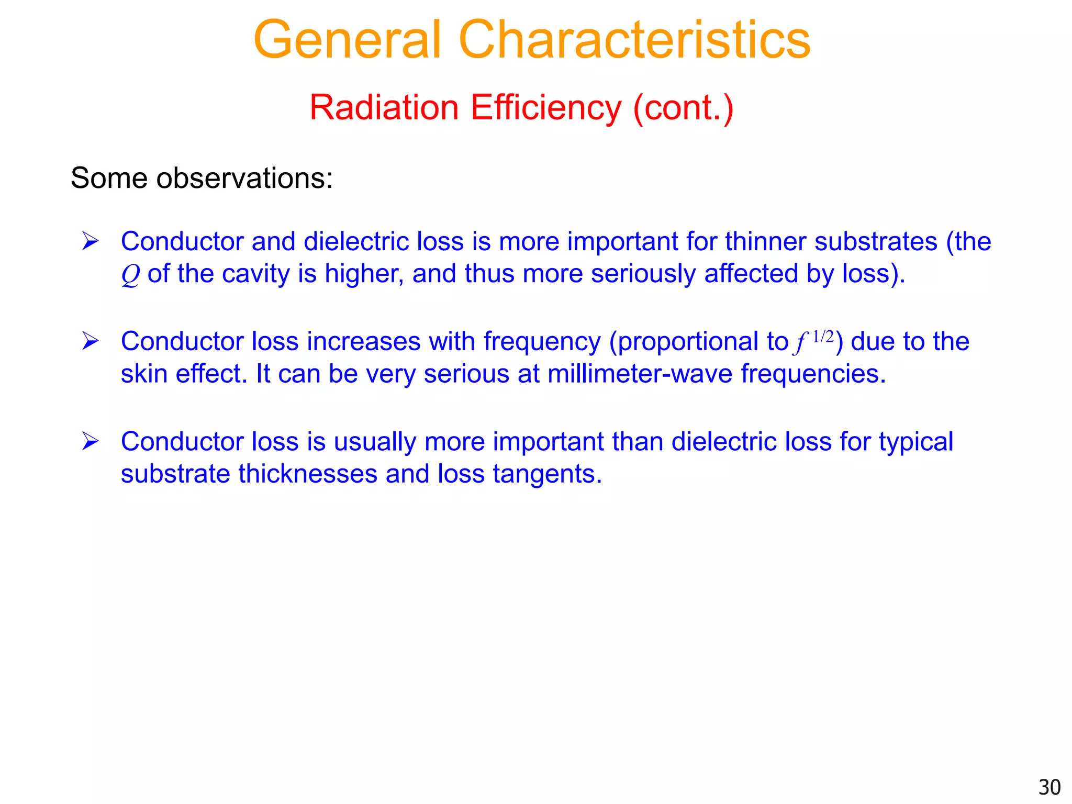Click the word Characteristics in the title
pyautogui.click(x=634, y=40)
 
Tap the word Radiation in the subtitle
pyautogui.click(x=384, y=107)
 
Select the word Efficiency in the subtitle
pyautogui.click(x=545, y=108)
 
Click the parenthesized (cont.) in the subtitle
pyautogui.click(x=683, y=108)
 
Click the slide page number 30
pyautogui.click(x=1049, y=787)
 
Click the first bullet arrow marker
pyautogui.click(x=90, y=241)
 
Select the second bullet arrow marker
pyautogui.click(x=90, y=341)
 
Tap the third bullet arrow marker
pyautogui.click(x=90, y=441)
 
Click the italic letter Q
pyautogui.click(x=130, y=275)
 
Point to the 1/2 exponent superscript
pyautogui.click(x=823, y=337)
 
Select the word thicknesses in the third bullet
pyautogui.click(x=308, y=474)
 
